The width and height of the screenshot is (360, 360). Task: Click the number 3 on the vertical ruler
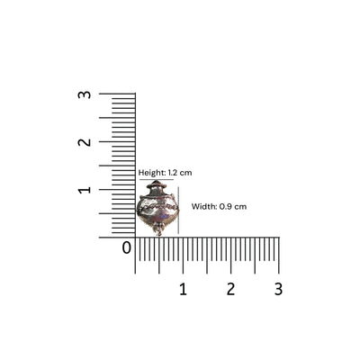(x=85, y=94)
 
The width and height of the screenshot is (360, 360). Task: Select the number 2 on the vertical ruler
(x=85, y=142)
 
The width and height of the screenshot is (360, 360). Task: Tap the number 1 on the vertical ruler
(x=85, y=190)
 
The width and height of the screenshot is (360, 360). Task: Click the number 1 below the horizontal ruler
(x=183, y=289)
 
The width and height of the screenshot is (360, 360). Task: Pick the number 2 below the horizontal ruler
(x=230, y=289)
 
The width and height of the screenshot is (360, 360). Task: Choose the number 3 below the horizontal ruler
(x=278, y=289)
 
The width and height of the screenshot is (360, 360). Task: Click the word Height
(x=150, y=172)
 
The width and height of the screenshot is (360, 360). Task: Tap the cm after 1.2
(x=186, y=172)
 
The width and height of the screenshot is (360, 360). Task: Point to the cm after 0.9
(x=240, y=207)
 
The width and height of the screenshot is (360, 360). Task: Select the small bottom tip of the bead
(x=158, y=233)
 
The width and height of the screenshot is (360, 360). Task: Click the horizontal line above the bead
(x=155, y=179)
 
